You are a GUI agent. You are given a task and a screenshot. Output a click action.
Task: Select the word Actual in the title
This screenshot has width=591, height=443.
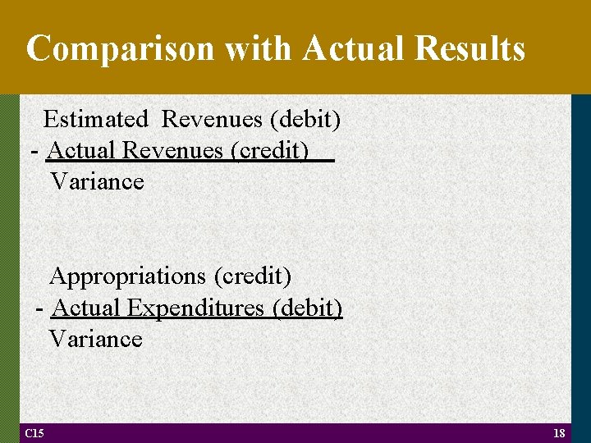(x=354, y=49)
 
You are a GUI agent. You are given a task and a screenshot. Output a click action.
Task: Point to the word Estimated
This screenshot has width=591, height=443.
(x=96, y=120)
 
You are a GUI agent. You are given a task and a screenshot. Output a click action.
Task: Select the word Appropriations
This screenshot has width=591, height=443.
(x=129, y=276)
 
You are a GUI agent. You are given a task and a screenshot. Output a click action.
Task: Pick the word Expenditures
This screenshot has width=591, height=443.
(x=195, y=308)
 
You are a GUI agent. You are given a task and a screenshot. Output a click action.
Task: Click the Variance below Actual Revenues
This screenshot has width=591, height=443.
(x=97, y=181)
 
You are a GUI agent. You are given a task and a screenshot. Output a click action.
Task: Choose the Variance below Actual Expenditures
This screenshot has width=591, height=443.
(x=95, y=339)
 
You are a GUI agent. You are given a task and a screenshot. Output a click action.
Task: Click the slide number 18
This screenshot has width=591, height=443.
(x=559, y=433)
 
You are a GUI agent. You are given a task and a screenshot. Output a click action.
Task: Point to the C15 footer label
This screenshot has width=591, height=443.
(x=34, y=433)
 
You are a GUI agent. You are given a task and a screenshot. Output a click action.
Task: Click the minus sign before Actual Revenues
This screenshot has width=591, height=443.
(x=34, y=152)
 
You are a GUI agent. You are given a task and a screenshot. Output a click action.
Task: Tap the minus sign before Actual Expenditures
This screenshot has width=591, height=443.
(x=40, y=309)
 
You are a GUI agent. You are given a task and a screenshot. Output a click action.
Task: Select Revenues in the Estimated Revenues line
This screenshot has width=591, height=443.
(x=212, y=120)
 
